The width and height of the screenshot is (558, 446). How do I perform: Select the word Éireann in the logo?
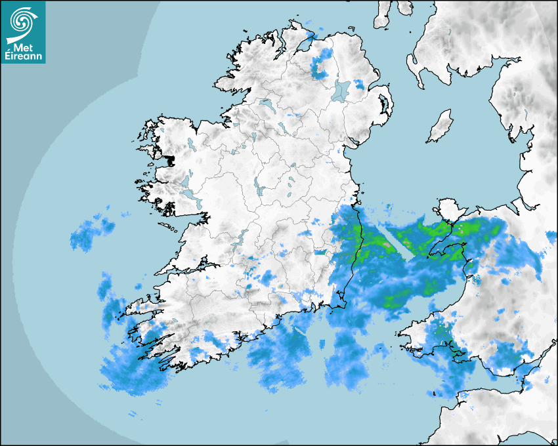23,56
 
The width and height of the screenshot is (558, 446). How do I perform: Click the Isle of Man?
440,127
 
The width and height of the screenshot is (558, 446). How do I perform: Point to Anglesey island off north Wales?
447,211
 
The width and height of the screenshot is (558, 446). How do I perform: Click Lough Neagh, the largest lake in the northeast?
341,90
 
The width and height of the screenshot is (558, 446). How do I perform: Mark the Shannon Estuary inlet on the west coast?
190,269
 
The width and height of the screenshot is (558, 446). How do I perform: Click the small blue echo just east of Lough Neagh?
359,85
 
